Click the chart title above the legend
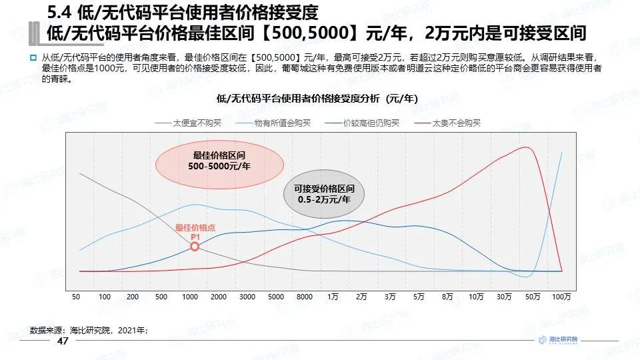[317, 98]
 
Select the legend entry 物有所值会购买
[269, 123]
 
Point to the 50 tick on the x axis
[76, 296]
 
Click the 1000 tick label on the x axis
[190, 296]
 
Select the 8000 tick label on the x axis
[305, 296]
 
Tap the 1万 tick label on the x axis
[333, 296]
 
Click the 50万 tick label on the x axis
[533, 296]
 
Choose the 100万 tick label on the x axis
[562, 296]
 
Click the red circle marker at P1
[195, 247]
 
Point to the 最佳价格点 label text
[195, 228]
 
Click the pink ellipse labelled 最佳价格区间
[219, 160]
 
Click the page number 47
[63, 341]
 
